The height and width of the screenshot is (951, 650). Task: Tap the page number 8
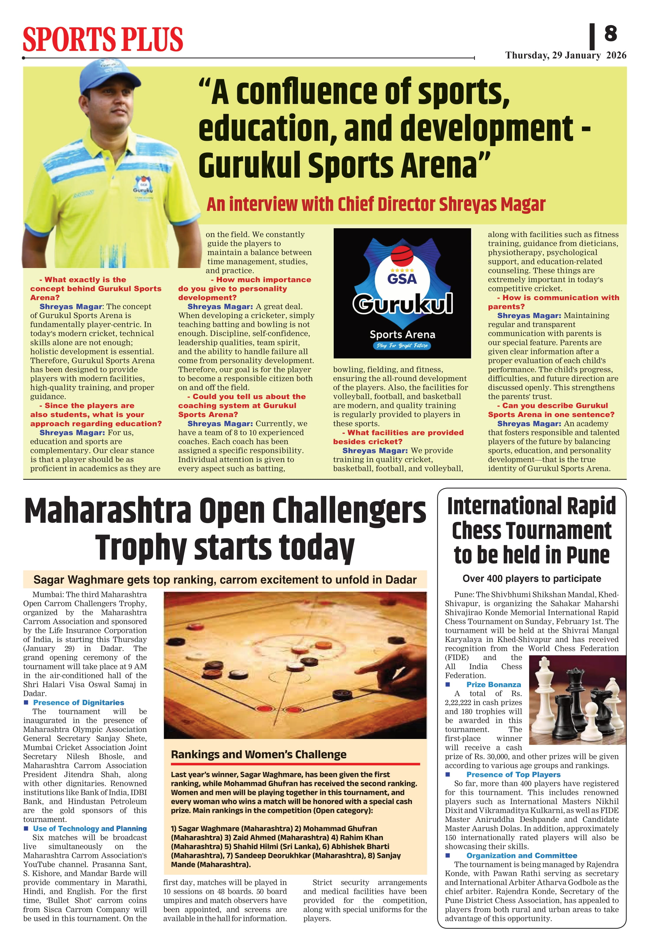(x=610, y=34)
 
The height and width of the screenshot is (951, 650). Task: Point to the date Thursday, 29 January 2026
(x=565, y=55)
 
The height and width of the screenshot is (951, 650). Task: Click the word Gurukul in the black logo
(x=402, y=304)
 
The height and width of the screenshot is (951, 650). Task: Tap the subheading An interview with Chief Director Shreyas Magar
(x=376, y=204)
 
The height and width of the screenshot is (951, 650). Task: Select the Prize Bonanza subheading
(x=493, y=684)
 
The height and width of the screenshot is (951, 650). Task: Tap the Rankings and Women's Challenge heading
(x=259, y=754)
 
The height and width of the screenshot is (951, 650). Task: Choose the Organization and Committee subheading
(x=521, y=856)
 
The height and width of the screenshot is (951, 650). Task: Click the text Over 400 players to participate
(x=531, y=578)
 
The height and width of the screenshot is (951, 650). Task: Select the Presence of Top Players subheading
(x=513, y=775)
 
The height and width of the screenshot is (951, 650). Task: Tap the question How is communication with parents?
(x=553, y=302)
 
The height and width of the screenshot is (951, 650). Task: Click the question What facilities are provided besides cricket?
(x=398, y=437)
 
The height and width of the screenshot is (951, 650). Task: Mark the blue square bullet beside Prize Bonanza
(x=448, y=684)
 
